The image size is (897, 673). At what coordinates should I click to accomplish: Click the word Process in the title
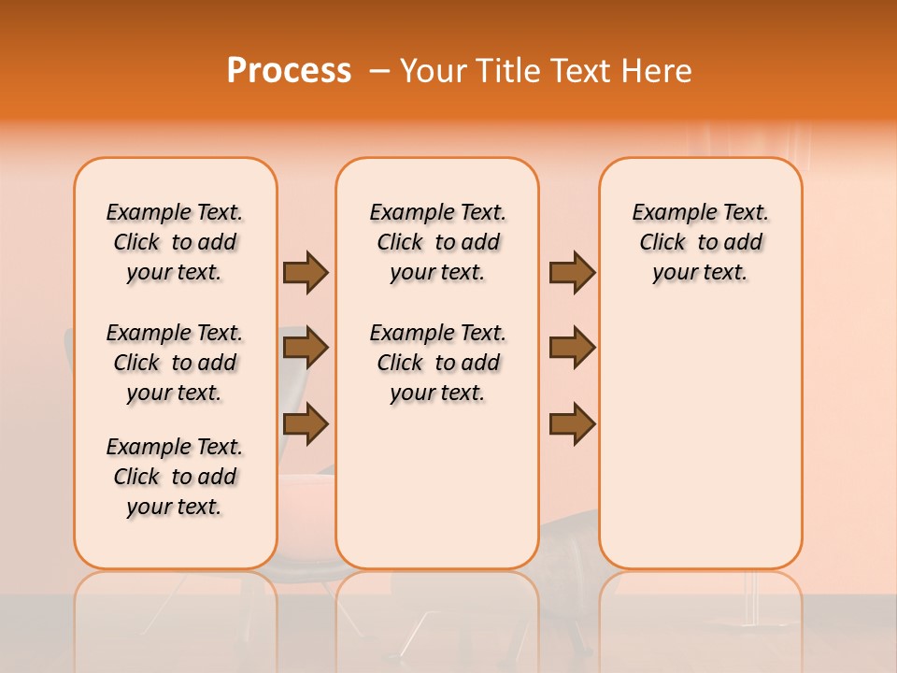tap(289, 71)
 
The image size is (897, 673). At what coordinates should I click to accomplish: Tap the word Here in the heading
tap(656, 71)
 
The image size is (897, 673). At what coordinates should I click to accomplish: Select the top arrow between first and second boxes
tap(306, 272)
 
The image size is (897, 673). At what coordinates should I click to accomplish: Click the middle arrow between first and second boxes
tap(306, 349)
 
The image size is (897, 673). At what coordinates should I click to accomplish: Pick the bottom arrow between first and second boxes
tap(306, 423)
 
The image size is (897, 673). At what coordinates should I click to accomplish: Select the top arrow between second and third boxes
tap(572, 272)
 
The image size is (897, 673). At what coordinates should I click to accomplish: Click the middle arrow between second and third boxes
tap(572, 349)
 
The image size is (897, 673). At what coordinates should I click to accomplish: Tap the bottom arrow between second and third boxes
tap(572, 423)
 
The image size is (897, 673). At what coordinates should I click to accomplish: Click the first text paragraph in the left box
tap(175, 242)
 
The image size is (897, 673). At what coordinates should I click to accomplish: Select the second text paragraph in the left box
tap(175, 363)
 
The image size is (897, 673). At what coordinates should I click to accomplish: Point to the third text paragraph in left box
tap(175, 477)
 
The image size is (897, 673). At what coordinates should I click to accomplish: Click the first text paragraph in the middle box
tap(437, 242)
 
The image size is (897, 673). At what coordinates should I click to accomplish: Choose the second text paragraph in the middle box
tap(437, 363)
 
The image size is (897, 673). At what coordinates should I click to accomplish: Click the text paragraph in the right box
tap(700, 242)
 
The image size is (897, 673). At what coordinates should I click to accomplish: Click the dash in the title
tap(379, 72)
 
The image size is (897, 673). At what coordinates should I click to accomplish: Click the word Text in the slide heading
tap(578, 71)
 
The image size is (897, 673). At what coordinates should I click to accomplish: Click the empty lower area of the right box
tap(700, 449)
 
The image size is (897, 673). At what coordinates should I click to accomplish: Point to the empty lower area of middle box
tap(437, 486)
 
